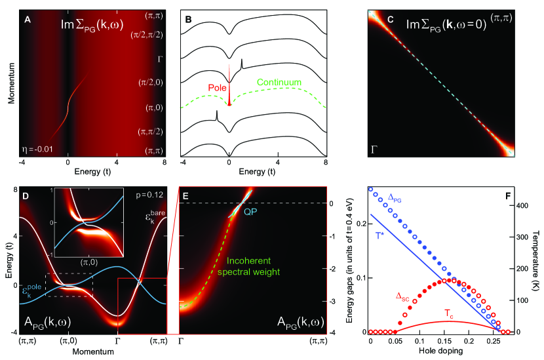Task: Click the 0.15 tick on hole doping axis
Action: (444, 342)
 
